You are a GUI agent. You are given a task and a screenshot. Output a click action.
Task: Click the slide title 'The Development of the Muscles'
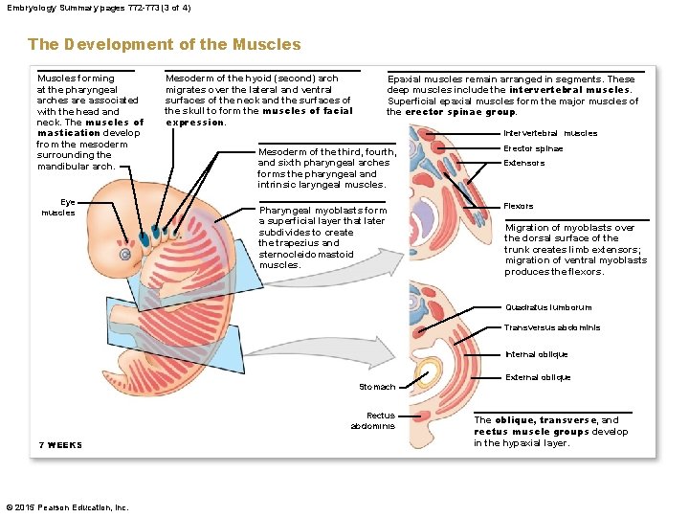click(x=164, y=44)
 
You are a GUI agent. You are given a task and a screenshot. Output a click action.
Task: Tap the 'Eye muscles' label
click(x=58, y=207)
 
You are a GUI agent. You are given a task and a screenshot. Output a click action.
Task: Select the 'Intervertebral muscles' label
click(x=549, y=133)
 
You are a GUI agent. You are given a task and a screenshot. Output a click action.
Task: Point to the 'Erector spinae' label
click(x=533, y=148)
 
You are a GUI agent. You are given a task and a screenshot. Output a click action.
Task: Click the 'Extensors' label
click(x=523, y=163)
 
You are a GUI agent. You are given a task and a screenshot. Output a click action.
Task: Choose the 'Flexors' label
click(x=519, y=206)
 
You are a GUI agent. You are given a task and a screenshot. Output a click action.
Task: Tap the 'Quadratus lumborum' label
click(x=548, y=307)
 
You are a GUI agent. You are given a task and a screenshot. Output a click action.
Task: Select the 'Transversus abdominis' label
click(x=552, y=327)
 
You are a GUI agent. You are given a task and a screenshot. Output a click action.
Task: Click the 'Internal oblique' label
click(x=536, y=354)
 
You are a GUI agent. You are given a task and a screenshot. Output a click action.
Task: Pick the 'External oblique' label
click(x=537, y=377)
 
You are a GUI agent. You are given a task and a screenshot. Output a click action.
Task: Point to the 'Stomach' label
click(x=376, y=387)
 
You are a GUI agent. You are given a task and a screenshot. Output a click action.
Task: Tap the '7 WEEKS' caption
click(x=60, y=445)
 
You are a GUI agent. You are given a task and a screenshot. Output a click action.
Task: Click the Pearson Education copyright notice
click(x=67, y=506)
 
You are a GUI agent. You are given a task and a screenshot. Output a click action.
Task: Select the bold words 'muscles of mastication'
click(x=91, y=127)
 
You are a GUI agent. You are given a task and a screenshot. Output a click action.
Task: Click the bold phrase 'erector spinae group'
click(x=460, y=112)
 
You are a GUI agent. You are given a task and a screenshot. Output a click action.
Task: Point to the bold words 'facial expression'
click(x=258, y=116)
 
